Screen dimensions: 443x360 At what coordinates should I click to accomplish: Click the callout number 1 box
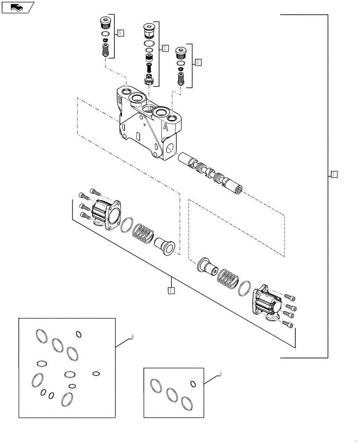click(x=334, y=174)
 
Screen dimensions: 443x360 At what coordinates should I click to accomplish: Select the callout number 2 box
click(x=165, y=48)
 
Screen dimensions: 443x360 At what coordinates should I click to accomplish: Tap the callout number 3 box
click(x=171, y=291)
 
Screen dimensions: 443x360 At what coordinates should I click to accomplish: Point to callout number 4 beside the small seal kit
click(x=221, y=375)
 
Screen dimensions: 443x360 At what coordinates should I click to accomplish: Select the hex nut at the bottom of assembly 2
click(x=149, y=80)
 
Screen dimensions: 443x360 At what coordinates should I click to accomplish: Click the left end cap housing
click(x=107, y=214)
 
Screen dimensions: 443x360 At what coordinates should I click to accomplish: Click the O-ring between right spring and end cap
click(x=244, y=289)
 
